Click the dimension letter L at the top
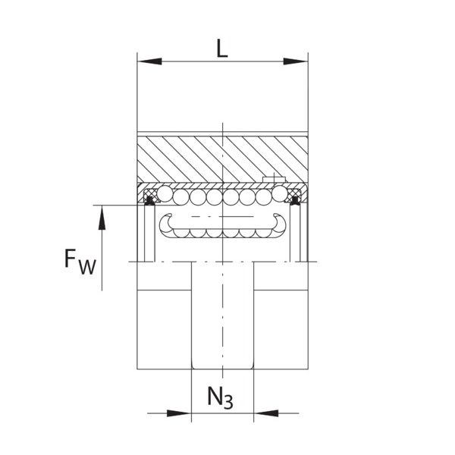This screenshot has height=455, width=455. point(222,49)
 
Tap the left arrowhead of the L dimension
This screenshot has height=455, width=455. point(149,61)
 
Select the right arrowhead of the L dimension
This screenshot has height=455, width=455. point(296,61)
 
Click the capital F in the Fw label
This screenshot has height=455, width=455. point(70,259)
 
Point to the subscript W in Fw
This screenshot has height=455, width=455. point(87,267)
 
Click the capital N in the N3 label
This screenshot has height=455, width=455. point(215,397)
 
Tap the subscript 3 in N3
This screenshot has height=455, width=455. point(229,402)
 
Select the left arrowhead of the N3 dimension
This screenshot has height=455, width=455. point(179,413)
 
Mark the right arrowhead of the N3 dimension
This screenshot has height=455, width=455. point(266,413)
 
